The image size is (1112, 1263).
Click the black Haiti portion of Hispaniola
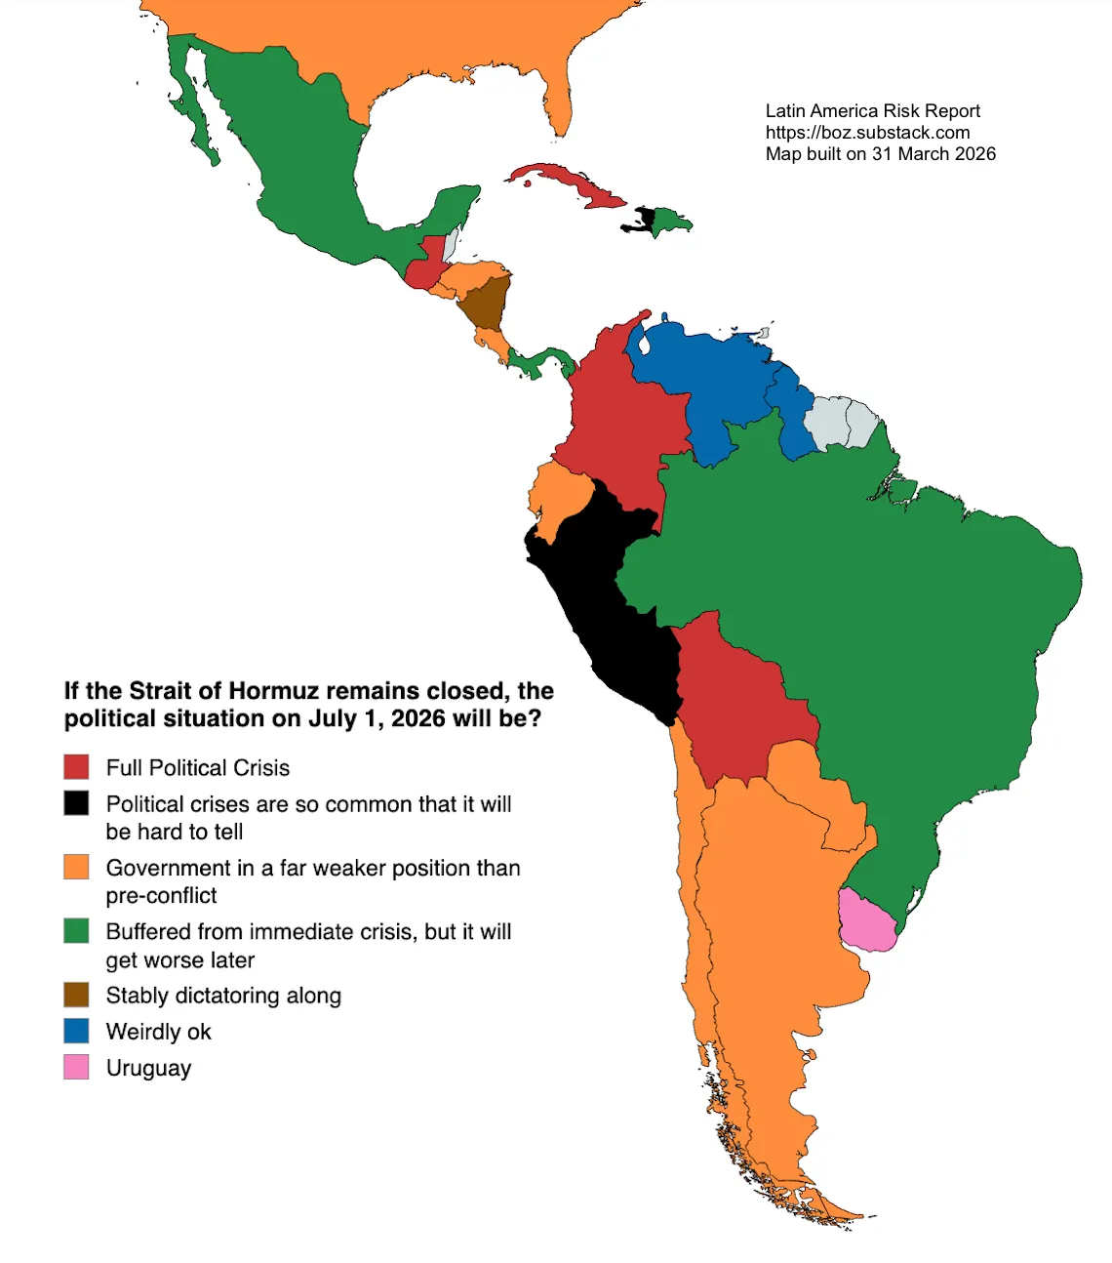point(641,219)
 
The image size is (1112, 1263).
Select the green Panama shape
point(541,361)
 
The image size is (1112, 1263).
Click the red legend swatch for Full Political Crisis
point(76,767)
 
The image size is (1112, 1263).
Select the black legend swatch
point(76,803)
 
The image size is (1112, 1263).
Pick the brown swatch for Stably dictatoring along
point(76,995)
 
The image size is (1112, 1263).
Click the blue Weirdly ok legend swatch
point(76,1031)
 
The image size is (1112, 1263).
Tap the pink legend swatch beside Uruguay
point(76,1067)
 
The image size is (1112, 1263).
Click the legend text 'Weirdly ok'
point(158,1032)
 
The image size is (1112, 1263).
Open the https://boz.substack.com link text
point(867,133)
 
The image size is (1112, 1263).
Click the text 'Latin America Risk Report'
point(872,111)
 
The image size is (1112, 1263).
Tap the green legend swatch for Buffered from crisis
point(76,931)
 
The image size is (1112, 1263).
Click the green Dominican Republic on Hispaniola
point(670,221)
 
